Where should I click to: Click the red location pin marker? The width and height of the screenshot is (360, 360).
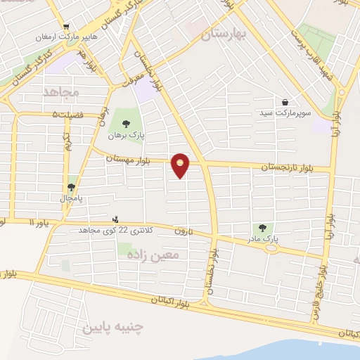click(181, 165)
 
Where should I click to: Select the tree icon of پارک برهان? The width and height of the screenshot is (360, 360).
click(126, 124)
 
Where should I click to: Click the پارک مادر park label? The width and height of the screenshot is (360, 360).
click(263, 238)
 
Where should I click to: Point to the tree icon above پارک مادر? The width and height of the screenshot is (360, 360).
click(263, 227)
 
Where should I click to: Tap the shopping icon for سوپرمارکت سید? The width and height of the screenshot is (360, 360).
click(285, 102)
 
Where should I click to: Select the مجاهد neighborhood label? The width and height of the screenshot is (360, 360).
click(63, 91)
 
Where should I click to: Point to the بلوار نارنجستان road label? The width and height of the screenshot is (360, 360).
click(285, 167)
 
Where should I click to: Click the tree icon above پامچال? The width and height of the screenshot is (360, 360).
click(70, 187)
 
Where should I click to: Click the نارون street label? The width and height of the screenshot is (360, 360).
click(184, 231)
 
